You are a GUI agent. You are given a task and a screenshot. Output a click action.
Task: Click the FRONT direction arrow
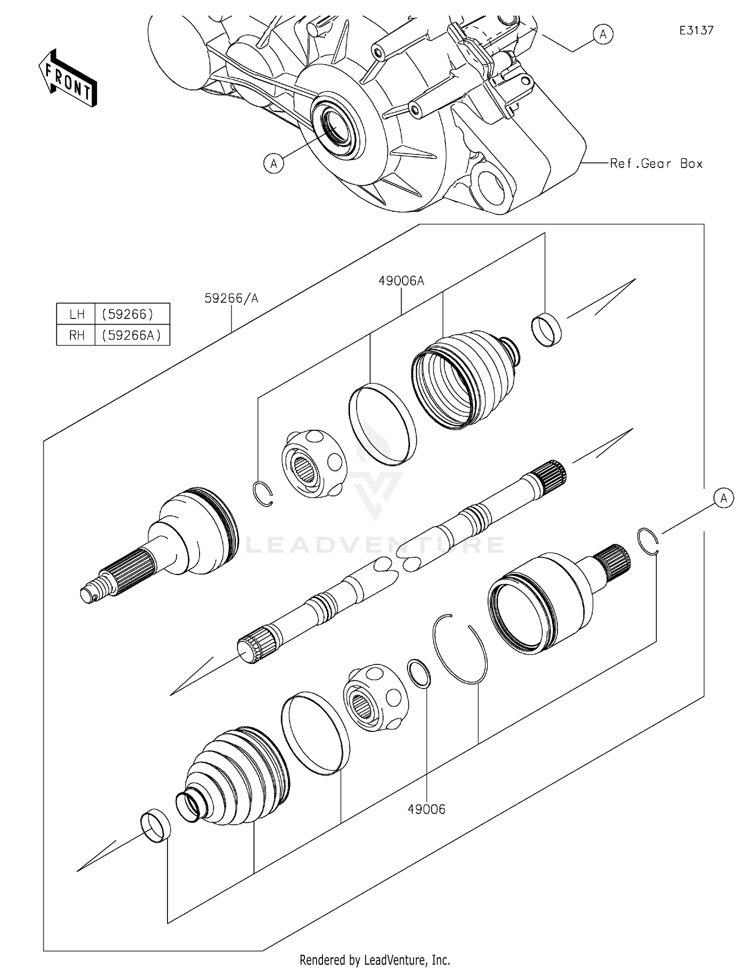click(68, 79)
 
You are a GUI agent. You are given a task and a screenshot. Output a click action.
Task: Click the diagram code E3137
click(696, 30)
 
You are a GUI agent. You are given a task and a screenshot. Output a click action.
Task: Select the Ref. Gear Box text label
click(656, 163)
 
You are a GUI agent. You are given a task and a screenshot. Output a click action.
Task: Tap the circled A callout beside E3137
click(603, 34)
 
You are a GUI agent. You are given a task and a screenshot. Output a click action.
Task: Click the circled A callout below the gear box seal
click(273, 163)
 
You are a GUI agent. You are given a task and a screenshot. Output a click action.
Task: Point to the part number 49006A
click(401, 281)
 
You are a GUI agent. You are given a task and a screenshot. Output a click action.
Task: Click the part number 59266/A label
click(231, 298)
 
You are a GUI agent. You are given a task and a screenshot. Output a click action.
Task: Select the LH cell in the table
click(76, 314)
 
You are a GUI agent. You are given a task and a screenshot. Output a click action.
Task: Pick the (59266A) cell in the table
click(132, 335)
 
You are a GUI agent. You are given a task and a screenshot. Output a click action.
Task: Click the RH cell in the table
click(76, 335)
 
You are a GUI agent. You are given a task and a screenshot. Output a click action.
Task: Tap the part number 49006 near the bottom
click(426, 809)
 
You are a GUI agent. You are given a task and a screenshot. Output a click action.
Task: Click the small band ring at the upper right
click(546, 329)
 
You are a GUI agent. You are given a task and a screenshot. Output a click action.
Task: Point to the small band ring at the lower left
click(155, 825)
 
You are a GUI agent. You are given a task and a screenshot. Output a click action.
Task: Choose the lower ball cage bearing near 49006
click(376, 697)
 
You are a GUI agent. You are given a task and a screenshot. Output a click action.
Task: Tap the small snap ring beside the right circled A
click(648, 541)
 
